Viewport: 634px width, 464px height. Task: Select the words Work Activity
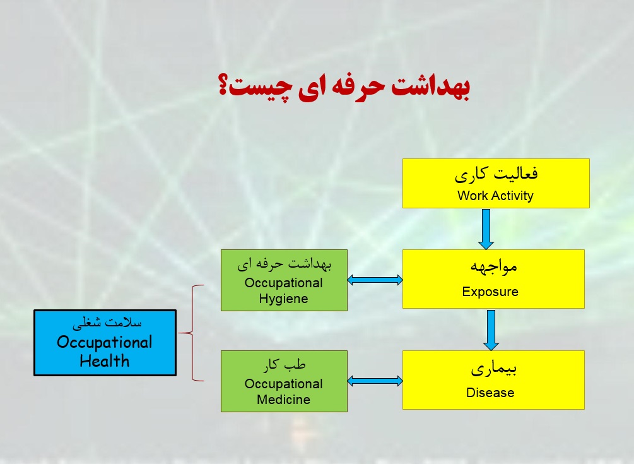495,196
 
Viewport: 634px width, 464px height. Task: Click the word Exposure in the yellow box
490,292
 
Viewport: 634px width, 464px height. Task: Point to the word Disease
490,393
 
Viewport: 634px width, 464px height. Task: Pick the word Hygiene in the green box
283,299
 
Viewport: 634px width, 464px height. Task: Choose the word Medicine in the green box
283,400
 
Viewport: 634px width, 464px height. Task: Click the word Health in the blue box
104,360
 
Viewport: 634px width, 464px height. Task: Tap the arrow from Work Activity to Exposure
486,229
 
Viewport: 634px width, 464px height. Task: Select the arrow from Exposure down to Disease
491,330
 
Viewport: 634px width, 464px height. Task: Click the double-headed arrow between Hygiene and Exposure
375,280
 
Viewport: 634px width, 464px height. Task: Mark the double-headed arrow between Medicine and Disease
375,381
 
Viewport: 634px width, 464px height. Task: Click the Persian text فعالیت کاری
496,174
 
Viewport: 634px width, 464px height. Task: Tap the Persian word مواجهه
494,266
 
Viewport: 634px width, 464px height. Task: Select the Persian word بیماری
494,369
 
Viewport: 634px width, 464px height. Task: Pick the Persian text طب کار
285,365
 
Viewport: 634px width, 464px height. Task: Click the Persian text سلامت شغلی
107,323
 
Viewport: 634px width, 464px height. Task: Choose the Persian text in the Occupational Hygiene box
285,264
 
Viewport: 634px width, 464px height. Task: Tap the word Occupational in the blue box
104,342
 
